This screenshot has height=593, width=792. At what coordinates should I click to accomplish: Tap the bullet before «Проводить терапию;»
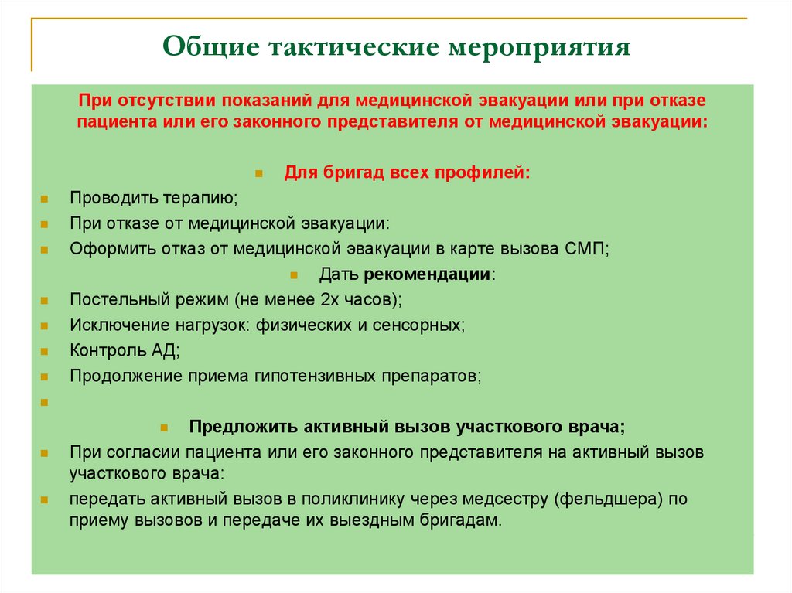46,199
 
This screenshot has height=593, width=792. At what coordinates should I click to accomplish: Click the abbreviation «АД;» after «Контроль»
165,350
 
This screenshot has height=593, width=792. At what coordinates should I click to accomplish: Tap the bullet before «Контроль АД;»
46,351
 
